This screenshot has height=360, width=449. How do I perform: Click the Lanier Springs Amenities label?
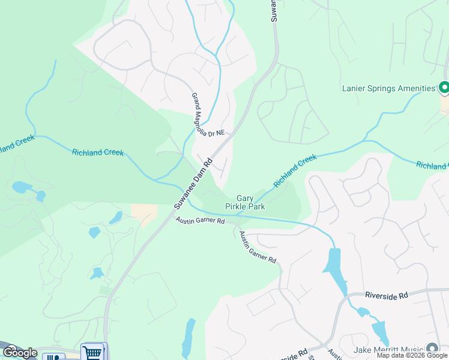pos(388,88)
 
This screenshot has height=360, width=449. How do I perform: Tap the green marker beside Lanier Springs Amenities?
pos(444,88)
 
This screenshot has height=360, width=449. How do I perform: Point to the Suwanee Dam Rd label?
pos(194,182)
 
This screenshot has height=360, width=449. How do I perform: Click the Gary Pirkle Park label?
pos(244,202)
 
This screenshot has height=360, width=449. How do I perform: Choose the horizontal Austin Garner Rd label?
pos(200,221)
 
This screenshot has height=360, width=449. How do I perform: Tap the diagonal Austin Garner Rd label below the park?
pos(258,247)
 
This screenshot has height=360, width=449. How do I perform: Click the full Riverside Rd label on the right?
pos(386,295)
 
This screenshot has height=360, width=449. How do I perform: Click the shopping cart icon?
pos(92,352)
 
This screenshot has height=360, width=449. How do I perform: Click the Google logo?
pos(20,353)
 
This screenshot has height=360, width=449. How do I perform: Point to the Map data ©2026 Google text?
pos(412,355)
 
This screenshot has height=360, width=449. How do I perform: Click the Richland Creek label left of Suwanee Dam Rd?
pos(97,152)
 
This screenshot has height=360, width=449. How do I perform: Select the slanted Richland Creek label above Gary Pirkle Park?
pos(295,170)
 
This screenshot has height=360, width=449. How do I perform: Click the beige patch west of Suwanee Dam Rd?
pos(144,213)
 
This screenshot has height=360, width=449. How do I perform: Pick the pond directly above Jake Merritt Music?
pos(381,332)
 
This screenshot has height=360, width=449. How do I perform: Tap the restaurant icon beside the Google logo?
pos(54,357)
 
